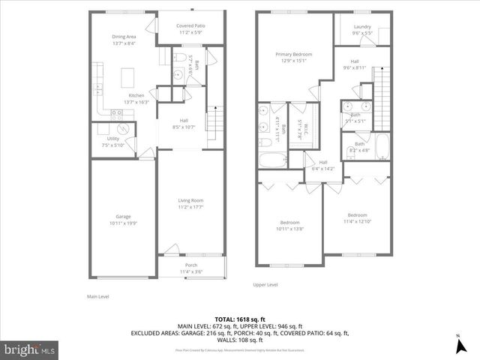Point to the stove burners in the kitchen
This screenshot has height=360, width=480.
point(116,113)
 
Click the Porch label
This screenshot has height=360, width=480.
point(193,265)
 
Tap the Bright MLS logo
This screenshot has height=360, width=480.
point(29,349)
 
